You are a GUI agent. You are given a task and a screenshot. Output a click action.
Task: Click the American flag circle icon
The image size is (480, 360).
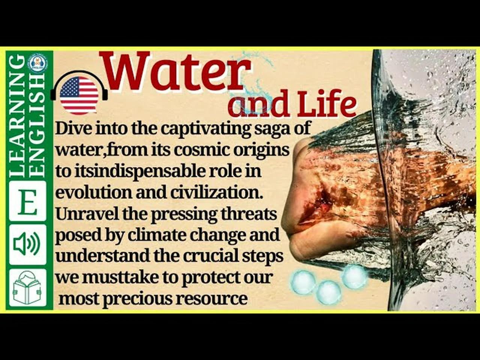point(79,96)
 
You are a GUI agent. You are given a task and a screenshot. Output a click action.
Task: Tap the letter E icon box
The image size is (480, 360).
point(27,201)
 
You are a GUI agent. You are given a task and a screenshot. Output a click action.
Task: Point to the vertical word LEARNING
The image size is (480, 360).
point(18,116)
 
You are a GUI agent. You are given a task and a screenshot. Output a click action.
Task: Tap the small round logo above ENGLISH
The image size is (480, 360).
point(37,63)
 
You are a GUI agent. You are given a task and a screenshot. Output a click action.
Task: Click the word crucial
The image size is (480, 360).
point(210,256)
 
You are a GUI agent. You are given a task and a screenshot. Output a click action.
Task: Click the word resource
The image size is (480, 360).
point(212,299)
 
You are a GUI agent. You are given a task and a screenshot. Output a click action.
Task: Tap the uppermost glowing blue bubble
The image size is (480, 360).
point(354,277)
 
